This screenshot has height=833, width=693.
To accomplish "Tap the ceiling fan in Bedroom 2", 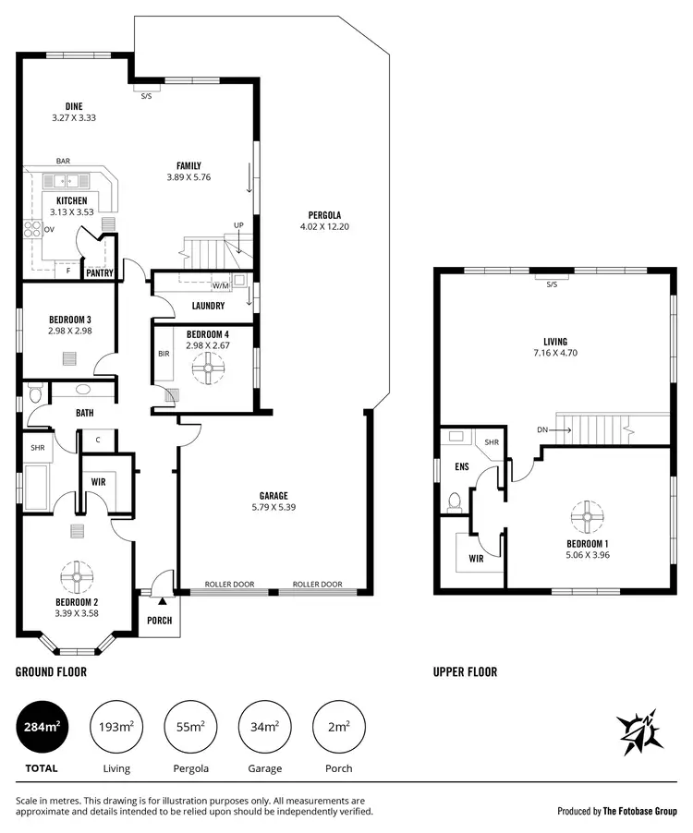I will coord(75,578).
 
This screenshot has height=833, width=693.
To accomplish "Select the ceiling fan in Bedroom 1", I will coord(587,518).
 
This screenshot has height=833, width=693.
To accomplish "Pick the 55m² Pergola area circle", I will coord(189,727).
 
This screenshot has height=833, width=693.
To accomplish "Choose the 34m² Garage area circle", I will coord(264,727).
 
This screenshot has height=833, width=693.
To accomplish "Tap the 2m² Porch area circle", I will coord(339,727).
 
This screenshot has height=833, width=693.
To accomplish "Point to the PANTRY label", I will coord(99,273).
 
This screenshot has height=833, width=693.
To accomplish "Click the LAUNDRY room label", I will coord(208,306).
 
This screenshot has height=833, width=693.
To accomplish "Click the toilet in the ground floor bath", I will coord(35,395).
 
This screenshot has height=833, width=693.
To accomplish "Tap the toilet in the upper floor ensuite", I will coord(453,502).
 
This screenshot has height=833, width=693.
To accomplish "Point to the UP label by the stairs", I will coord(238,225).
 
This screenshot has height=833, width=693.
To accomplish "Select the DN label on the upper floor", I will coord(541,429).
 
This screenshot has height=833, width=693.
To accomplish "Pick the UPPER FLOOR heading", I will coord(465,671).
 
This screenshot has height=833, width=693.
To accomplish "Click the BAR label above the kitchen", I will coord(63,161).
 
